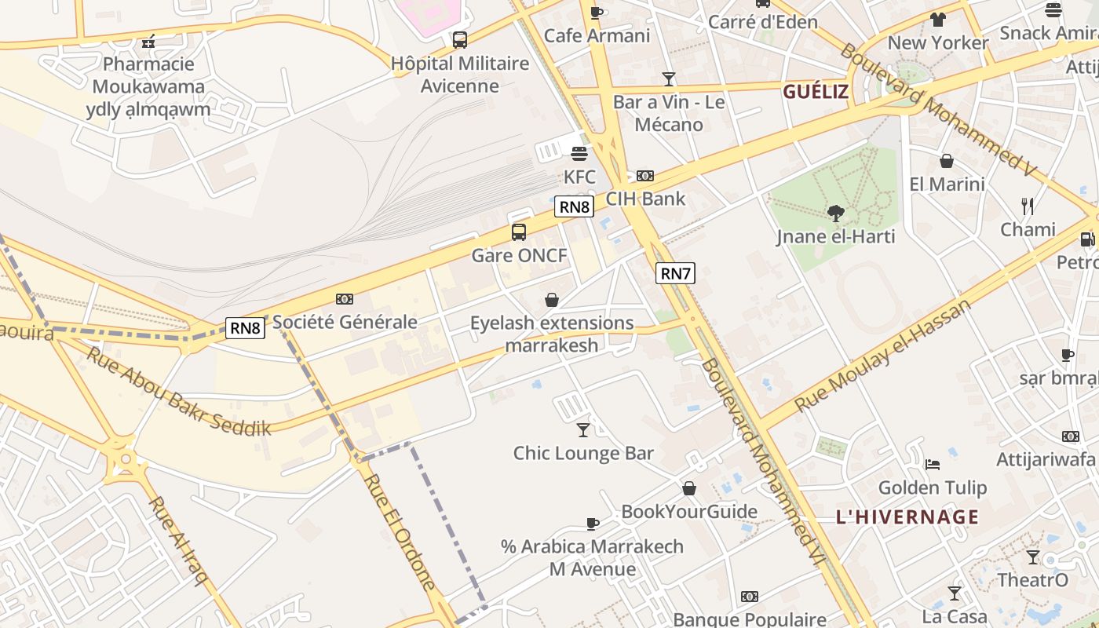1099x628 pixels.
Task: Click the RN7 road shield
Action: click(675, 273)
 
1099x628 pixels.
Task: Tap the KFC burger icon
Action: click(579, 153)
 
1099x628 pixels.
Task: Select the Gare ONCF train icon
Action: click(519, 232)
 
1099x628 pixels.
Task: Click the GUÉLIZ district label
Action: click(816, 92)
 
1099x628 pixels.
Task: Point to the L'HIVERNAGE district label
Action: click(907, 517)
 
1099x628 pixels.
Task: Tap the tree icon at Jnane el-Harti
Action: click(836, 212)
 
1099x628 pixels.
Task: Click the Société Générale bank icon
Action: click(345, 299)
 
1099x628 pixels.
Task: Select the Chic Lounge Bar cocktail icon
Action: click(583, 429)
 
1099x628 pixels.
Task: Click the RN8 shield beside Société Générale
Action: click(245, 327)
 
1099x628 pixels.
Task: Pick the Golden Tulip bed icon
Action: click(932, 464)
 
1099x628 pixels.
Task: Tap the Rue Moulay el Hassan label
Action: click(882, 356)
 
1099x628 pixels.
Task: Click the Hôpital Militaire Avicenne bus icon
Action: click(460, 39)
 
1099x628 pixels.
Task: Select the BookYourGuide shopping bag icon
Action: click(689, 488)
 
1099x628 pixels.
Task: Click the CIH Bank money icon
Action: click(645, 176)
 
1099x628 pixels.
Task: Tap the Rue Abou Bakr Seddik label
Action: click(179, 390)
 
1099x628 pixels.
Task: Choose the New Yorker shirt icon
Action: click(938, 20)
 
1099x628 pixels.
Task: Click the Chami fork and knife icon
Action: click(1028, 206)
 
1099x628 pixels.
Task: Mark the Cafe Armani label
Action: click(597, 35)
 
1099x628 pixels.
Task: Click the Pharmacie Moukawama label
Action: click(148, 75)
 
